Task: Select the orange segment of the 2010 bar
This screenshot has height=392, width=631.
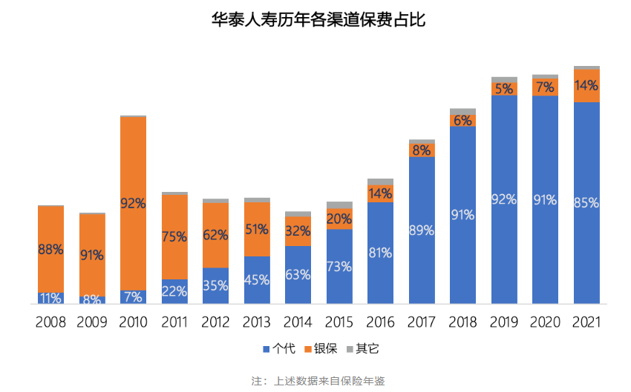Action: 133,163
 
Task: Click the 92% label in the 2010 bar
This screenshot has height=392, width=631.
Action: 133,203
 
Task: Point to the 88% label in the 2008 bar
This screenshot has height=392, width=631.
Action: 50,250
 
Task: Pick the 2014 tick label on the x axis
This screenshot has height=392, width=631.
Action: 298,322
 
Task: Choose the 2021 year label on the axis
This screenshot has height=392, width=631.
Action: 586,322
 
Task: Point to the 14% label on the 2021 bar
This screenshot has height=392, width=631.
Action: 586,85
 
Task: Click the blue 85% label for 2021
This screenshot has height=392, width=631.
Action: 586,202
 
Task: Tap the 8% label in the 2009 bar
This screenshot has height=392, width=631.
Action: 92,300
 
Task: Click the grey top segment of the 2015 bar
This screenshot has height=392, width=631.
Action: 339,205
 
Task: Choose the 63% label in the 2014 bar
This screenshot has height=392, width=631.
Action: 298,275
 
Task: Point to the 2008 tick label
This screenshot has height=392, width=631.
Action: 50,322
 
